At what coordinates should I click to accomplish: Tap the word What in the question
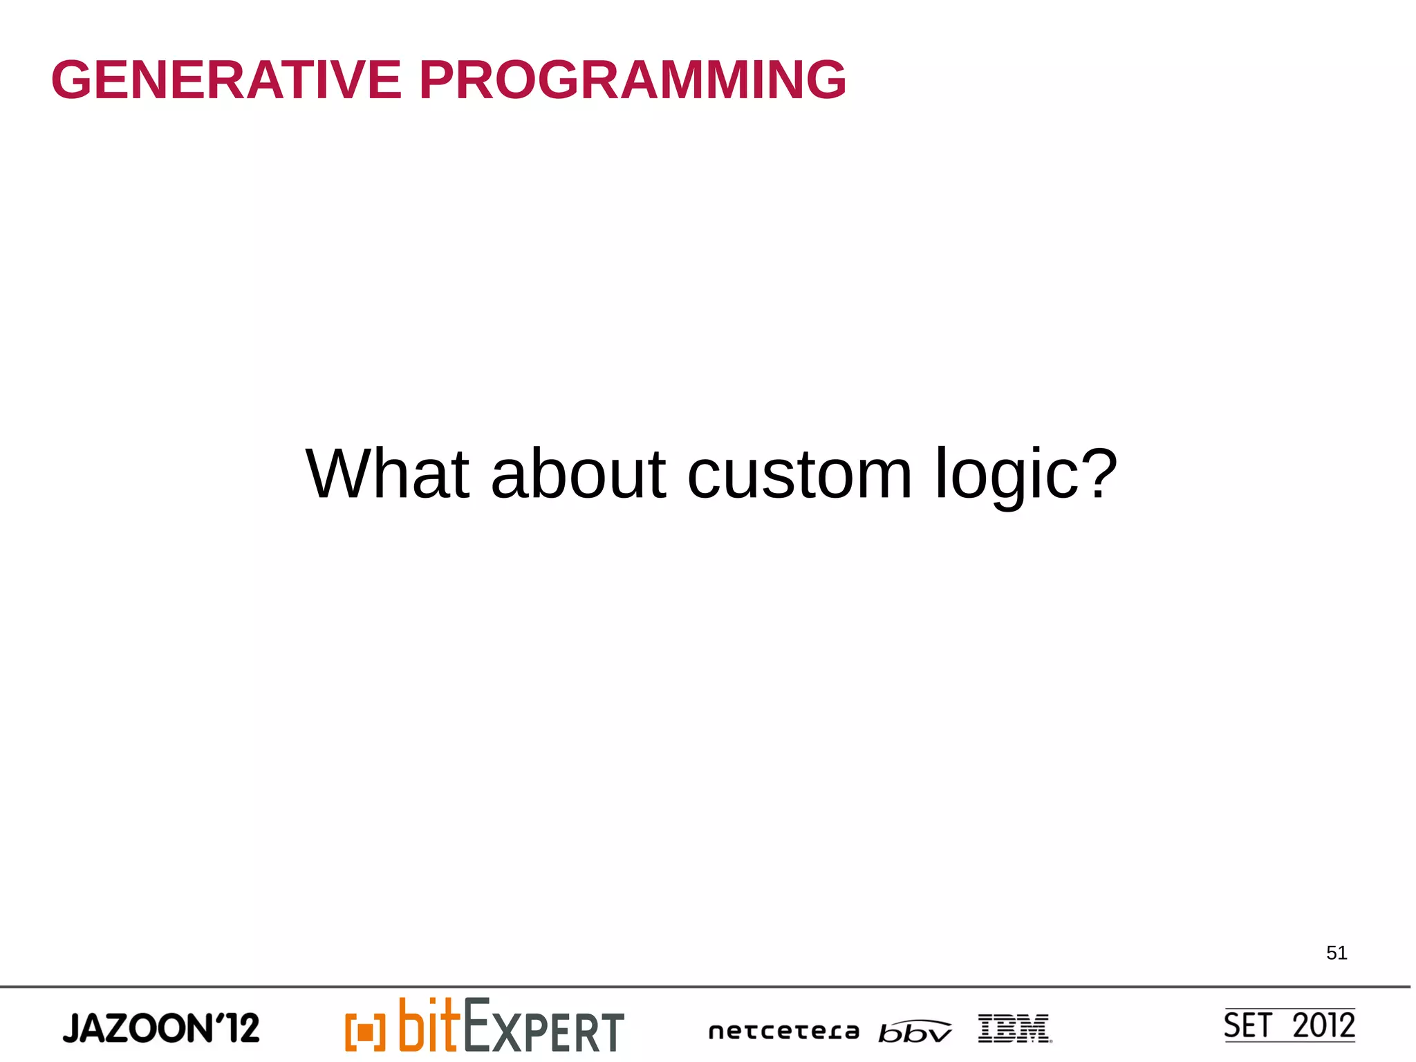coord(387,474)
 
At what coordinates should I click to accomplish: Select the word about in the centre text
coord(578,474)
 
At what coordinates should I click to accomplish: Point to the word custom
coord(799,476)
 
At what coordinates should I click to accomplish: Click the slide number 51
coord(1336,953)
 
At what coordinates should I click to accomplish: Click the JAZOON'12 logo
coord(161,1028)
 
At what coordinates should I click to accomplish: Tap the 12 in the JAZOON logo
coord(243,1028)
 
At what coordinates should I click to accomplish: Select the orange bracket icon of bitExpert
coord(365,1032)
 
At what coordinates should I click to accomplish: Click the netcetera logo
coord(783,1032)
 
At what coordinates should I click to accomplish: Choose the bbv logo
coord(914,1032)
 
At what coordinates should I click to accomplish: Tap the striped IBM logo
coord(1014,1028)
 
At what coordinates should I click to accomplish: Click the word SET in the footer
coord(1247,1025)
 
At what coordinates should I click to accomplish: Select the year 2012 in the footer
coord(1323,1025)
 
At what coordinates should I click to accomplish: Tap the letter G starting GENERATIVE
coord(71,80)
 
